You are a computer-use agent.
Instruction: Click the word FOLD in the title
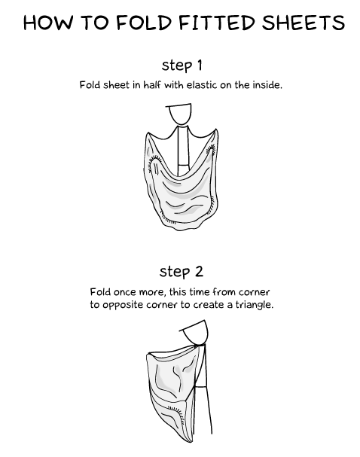pyautogui.click(x=142, y=23)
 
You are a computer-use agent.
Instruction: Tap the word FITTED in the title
pyautogui.click(x=209, y=23)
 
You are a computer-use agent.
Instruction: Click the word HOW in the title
pyautogui.click(x=48, y=23)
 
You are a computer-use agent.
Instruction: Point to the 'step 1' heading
pyautogui.click(x=181, y=65)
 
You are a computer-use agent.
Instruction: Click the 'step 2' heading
pyautogui.click(x=181, y=271)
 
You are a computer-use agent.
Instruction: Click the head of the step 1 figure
pyautogui.click(x=181, y=114)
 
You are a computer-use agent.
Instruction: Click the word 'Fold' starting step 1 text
pyautogui.click(x=90, y=85)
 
